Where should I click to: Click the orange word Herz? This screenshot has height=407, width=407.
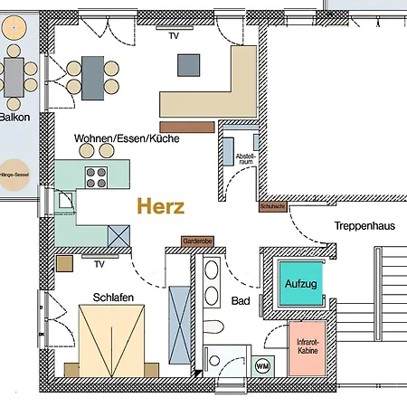coord(161,206)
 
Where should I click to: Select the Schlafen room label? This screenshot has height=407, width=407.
coord(114,297)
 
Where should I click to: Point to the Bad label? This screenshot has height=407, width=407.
coord(241,300)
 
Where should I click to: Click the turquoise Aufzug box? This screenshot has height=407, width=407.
coord(300,284)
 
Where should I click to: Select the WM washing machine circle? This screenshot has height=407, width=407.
coord(262,365)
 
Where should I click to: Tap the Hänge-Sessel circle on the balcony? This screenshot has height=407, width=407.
coord(14,176)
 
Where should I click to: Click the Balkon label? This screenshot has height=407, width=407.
coord(15,117)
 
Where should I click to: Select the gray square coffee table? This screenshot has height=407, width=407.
coord(189,65)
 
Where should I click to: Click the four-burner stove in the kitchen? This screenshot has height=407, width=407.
coord(96,175)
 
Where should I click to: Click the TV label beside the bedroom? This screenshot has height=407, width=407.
coord(99,265)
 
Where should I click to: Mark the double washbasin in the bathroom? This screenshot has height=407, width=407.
coord(211,282)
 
